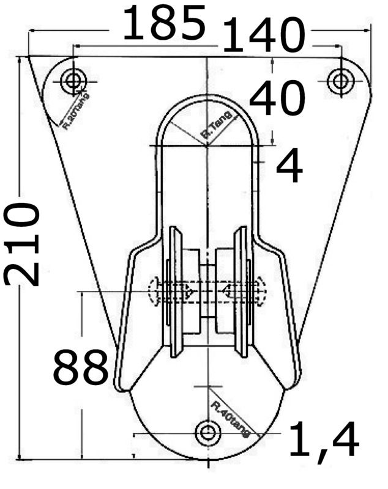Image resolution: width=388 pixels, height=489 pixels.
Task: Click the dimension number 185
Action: [x=164, y=23]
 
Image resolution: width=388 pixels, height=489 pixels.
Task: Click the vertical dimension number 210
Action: [x=23, y=244]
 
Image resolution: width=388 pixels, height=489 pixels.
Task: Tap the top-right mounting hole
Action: [x=340, y=81]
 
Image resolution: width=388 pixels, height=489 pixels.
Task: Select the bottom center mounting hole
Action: [x=207, y=433]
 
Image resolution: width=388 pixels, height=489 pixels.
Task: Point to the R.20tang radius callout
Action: [x=76, y=111]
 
